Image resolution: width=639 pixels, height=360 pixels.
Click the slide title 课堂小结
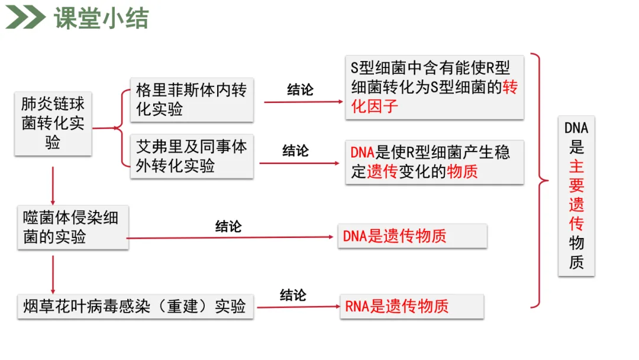click(x=101, y=19)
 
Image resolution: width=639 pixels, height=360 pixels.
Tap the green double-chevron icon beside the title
click(x=25, y=18)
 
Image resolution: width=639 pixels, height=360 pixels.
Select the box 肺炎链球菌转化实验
click(x=53, y=123)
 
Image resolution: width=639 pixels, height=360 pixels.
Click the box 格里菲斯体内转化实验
click(x=191, y=99)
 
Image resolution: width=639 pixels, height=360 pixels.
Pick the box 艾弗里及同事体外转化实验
click(x=191, y=156)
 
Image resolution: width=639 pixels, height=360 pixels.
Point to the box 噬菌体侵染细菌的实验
click(x=72, y=227)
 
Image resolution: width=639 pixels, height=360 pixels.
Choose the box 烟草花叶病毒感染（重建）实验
click(x=135, y=306)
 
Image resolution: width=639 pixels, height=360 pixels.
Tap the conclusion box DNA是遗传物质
click(x=412, y=236)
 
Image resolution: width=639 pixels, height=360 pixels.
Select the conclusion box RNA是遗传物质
click(x=412, y=306)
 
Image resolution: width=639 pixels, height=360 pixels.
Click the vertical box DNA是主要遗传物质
click(x=576, y=195)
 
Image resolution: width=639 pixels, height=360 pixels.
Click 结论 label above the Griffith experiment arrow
click(x=301, y=90)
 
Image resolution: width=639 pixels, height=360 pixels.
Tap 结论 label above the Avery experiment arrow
click(x=295, y=150)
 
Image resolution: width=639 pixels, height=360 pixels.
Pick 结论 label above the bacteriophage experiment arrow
click(x=228, y=226)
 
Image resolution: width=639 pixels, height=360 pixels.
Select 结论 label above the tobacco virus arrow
click(x=293, y=295)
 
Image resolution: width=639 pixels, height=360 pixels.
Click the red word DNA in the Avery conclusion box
click(x=362, y=152)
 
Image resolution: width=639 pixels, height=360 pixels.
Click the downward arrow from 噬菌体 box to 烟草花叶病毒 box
click(x=53, y=274)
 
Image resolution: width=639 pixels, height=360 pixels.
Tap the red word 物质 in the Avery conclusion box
click(x=462, y=172)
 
